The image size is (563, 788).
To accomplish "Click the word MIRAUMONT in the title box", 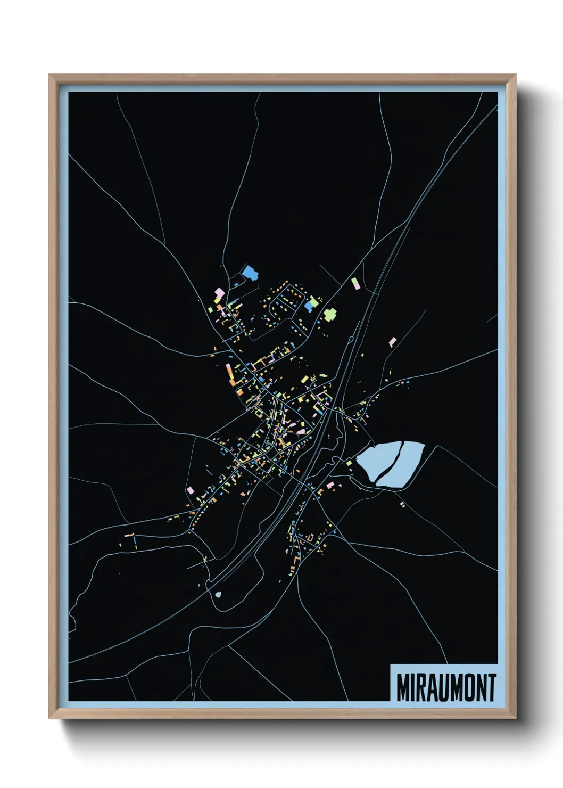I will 446,687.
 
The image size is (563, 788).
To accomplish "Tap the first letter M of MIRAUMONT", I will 402,687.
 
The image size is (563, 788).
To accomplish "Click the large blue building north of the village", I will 249,273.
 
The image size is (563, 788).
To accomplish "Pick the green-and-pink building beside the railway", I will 355,283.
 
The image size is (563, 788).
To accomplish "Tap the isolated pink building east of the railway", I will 393,341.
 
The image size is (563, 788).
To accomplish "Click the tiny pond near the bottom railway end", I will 217,594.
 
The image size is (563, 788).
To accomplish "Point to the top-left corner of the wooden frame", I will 49,75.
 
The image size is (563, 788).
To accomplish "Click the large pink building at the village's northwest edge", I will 218,292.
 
